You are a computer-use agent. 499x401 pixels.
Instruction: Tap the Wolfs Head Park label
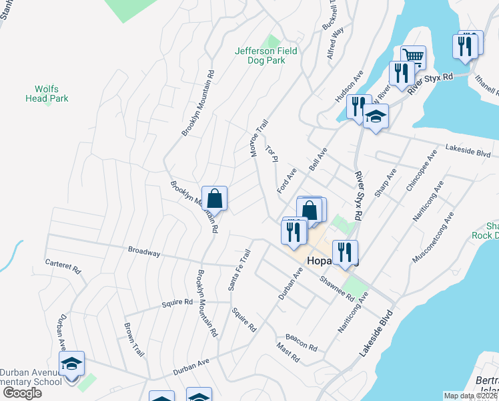(51, 94)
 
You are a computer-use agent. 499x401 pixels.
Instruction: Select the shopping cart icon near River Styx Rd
(413, 57)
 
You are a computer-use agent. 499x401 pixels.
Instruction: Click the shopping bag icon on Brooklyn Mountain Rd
(214, 198)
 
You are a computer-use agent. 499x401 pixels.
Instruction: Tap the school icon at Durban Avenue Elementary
(71, 364)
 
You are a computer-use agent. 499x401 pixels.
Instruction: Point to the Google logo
(21, 392)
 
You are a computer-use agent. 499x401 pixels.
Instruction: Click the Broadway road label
(144, 252)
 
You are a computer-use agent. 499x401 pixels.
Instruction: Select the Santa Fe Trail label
(239, 269)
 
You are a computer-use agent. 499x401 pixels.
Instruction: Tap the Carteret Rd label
(63, 267)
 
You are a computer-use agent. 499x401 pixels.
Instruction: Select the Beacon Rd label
(301, 342)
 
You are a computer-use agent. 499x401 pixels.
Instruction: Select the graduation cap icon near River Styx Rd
(376, 117)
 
